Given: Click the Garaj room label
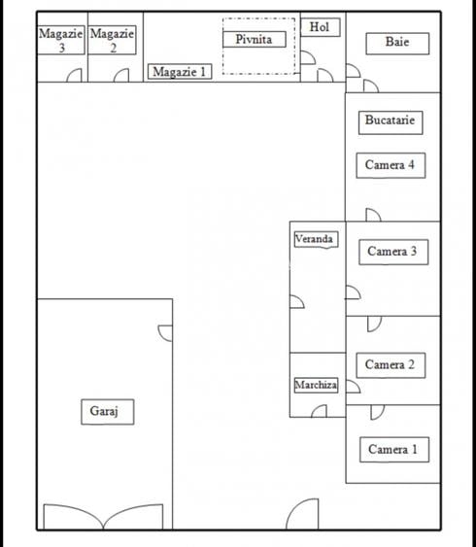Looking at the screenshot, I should point(105,412).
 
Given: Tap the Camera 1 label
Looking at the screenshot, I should point(392,450).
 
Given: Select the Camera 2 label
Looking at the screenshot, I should point(390,365).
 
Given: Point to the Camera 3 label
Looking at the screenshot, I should point(391,252).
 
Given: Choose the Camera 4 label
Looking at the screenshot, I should point(390,165).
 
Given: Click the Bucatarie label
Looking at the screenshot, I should point(390,121).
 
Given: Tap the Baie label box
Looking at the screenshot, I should point(396,43).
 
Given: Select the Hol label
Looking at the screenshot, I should point(319,27).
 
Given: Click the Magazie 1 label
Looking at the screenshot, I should point(180,72).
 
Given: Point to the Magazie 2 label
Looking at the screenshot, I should point(112,40).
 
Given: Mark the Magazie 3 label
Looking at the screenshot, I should point(61,40).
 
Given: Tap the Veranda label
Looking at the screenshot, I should point(315,239).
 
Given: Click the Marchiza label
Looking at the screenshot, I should point(316,386).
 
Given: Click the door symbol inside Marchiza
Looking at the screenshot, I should point(318,411).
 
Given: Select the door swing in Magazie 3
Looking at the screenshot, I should point(74,76).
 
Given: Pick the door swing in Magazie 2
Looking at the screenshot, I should point(121,76).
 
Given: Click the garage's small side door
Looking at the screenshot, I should point(165,332).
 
